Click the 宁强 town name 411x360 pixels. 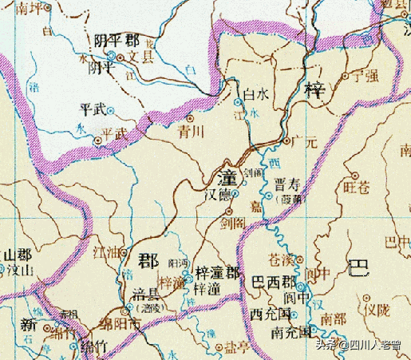[360, 78]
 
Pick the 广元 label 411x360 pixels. [304, 142]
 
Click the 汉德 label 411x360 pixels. [220, 194]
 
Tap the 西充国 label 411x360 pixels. [267, 312]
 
